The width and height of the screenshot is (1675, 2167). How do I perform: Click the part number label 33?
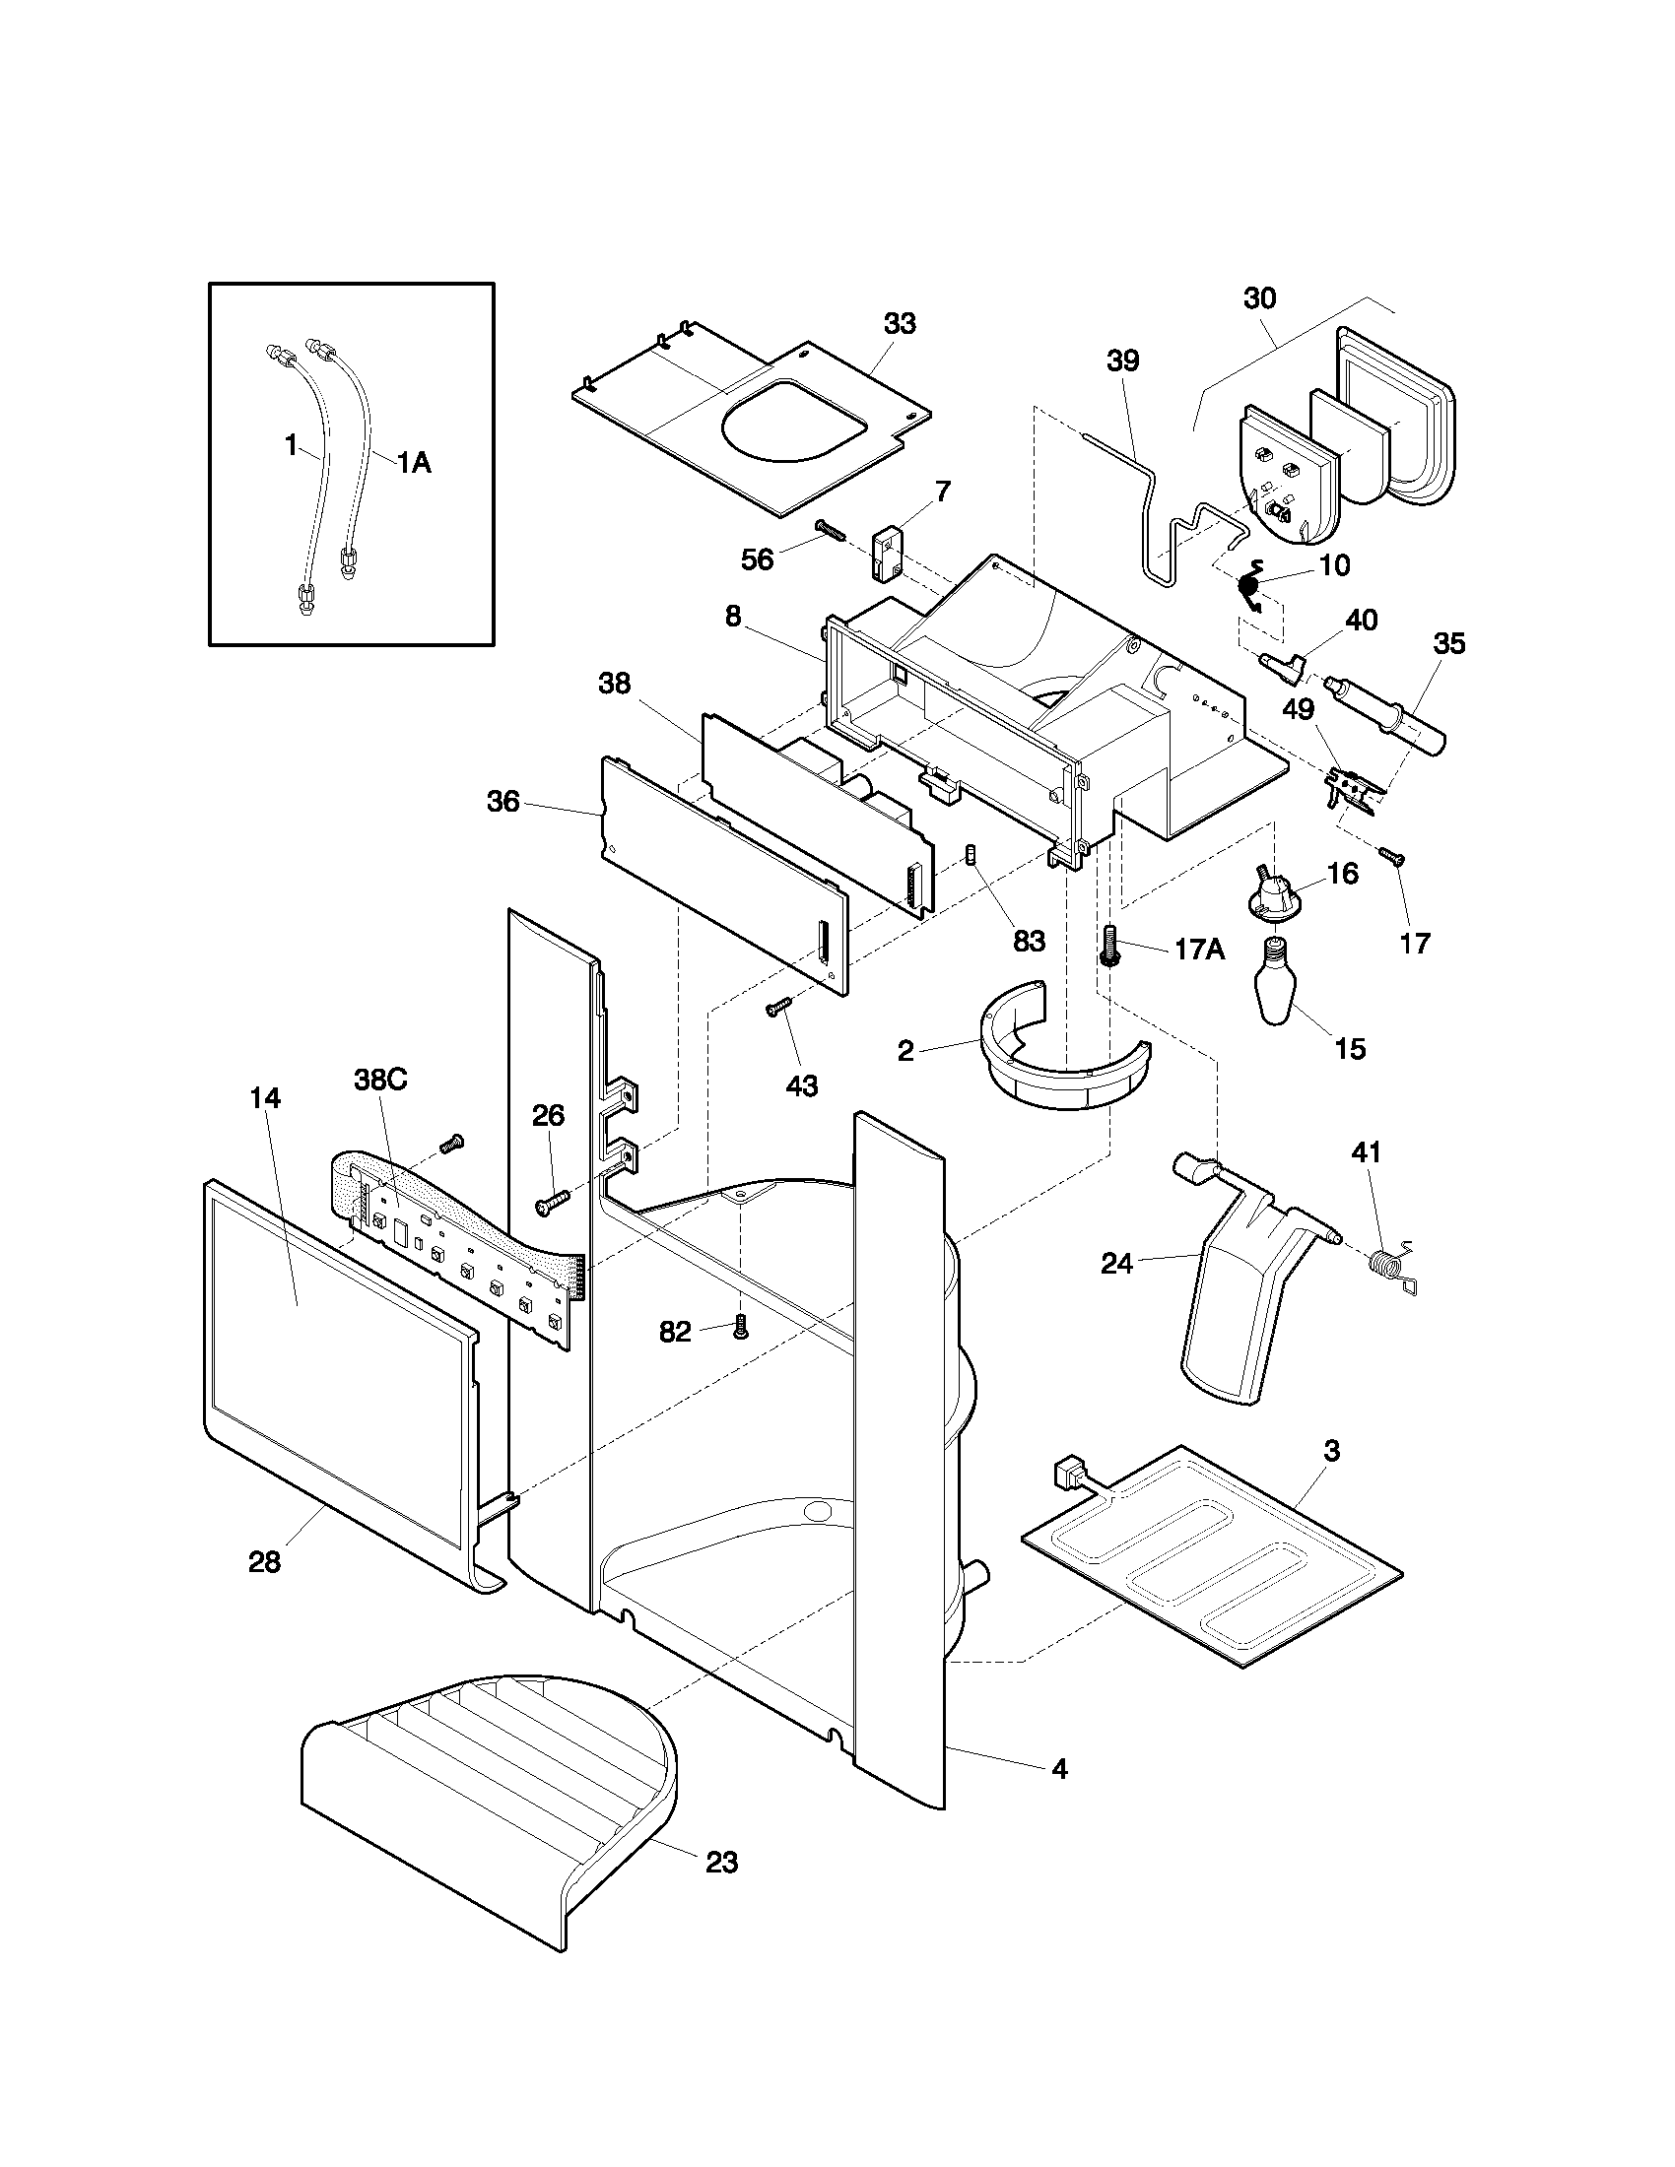tap(900, 323)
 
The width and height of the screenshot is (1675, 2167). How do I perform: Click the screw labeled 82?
tap(738, 1326)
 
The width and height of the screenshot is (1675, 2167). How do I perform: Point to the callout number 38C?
tap(381, 1080)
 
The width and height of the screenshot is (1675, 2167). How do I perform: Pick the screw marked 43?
tap(776, 1008)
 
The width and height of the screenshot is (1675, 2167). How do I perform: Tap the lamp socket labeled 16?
tap(1272, 890)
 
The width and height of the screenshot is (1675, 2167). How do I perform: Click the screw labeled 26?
tap(553, 1203)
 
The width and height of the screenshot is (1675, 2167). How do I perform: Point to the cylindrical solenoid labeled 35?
tap(1384, 712)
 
